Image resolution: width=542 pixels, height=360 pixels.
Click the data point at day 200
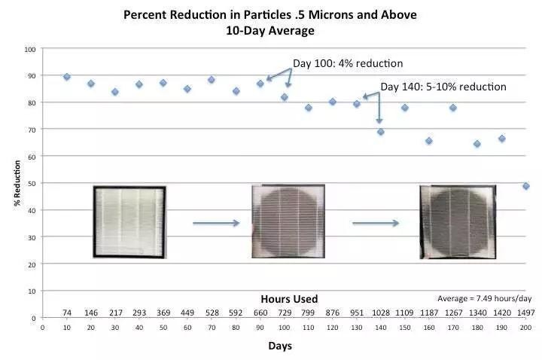525,186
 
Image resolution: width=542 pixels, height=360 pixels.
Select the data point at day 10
67,77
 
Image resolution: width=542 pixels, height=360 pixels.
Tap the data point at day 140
381,132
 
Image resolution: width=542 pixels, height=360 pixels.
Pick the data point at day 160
429,141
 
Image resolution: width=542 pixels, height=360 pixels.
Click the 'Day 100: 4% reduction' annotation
347,63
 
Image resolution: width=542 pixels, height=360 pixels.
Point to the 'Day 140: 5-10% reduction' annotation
443,87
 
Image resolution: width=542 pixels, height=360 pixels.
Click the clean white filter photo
129,222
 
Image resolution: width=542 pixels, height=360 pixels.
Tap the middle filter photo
288,221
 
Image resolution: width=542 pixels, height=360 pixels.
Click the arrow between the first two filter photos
215,223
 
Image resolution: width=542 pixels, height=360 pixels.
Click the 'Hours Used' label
289,298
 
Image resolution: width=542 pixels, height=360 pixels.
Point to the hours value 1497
525,312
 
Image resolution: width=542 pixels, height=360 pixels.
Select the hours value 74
67,312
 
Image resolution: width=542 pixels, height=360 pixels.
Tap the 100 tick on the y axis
31,49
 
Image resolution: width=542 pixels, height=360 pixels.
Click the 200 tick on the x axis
525,328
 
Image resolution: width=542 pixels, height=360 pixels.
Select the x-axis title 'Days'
280,346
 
